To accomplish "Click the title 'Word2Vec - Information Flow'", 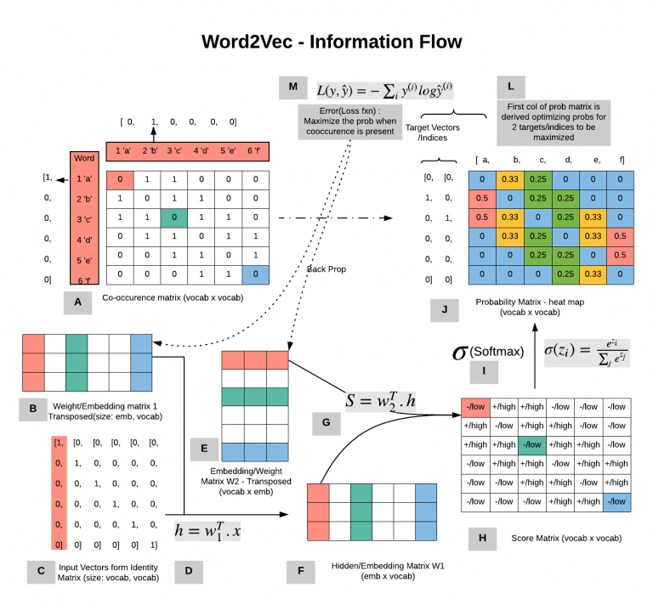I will click(x=331, y=41).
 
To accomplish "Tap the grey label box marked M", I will click(x=292, y=88).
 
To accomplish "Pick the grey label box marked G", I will click(x=326, y=422).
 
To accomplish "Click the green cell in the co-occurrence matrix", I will click(x=173, y=217).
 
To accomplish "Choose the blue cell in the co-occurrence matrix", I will click(x=253, y=274).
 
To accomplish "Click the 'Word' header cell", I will click(x=84, y=158).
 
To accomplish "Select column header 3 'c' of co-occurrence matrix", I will click(x=173, y=151).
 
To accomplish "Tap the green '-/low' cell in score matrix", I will click(x=533, y=443).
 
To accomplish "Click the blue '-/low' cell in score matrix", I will click(x=616, y=501).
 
